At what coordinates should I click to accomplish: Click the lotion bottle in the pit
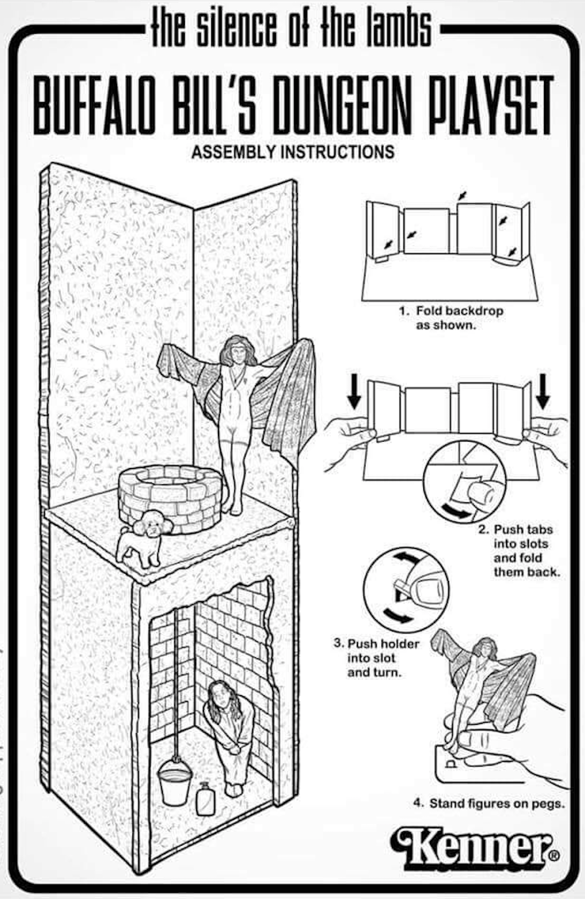[205, 798]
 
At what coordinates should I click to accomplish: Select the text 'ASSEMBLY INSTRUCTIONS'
[292, 152]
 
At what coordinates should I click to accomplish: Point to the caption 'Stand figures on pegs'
[488, 803]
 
